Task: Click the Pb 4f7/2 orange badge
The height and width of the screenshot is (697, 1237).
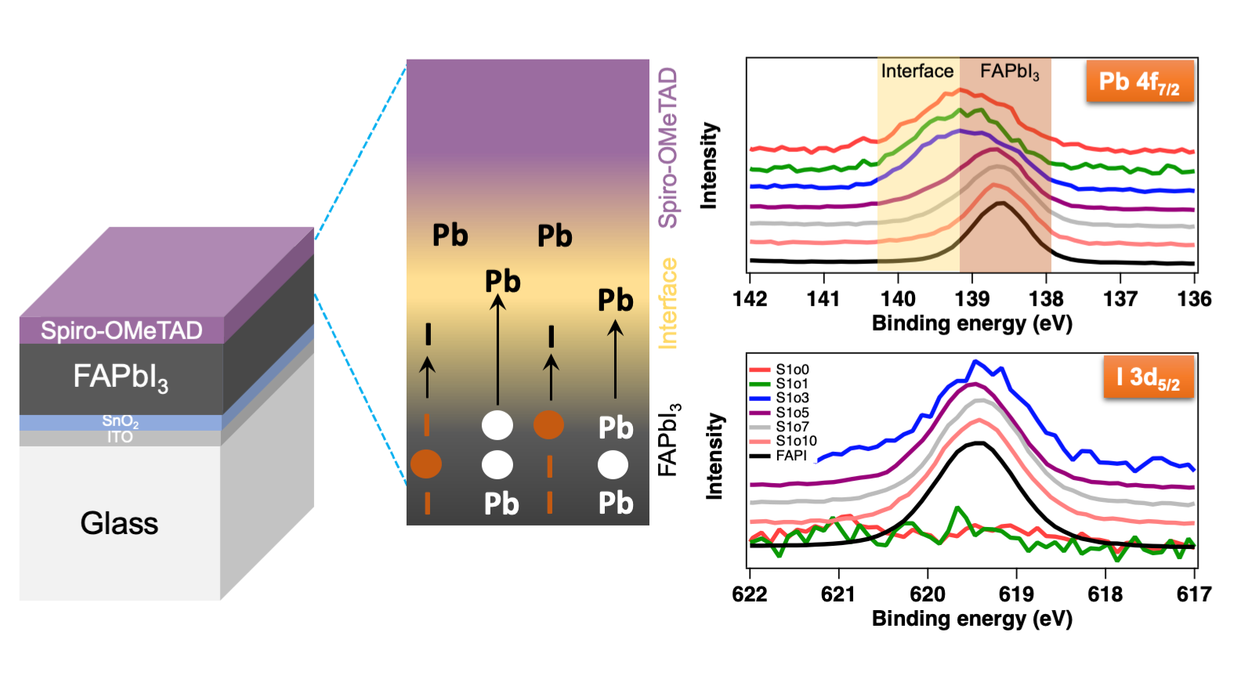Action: pos(1139,82)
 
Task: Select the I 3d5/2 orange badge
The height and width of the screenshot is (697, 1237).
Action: pos(1148,377)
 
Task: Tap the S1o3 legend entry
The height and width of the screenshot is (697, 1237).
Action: pos(792,398)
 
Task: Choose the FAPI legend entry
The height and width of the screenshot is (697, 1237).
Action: pos(790,455)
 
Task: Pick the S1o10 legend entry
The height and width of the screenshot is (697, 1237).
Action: pos(796,441)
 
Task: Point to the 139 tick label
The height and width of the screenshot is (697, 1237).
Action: pos(971,299)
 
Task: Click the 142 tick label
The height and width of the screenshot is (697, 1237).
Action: pos(750,299)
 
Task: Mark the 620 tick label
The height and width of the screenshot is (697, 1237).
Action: pos(928,594)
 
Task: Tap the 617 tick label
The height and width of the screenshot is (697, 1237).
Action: pos(1194,594)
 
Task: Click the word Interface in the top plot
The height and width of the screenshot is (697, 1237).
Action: pos(917,71)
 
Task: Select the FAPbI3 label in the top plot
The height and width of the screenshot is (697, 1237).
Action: pos(1009,72)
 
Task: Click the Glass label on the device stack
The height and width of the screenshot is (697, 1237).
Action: pos(119,523)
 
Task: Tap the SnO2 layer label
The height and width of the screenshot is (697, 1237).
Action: pos(120,421)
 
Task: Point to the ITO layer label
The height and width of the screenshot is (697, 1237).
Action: pos(120,437)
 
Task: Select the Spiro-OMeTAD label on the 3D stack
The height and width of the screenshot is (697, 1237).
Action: pos(121,330)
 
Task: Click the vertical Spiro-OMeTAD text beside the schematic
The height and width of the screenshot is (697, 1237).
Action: pos(667,147)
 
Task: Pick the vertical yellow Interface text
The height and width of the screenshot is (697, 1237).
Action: pos(667,303)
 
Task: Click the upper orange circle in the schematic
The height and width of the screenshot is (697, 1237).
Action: pos(548,424)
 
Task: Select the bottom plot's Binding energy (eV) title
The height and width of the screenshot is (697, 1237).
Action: pos(971,619)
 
